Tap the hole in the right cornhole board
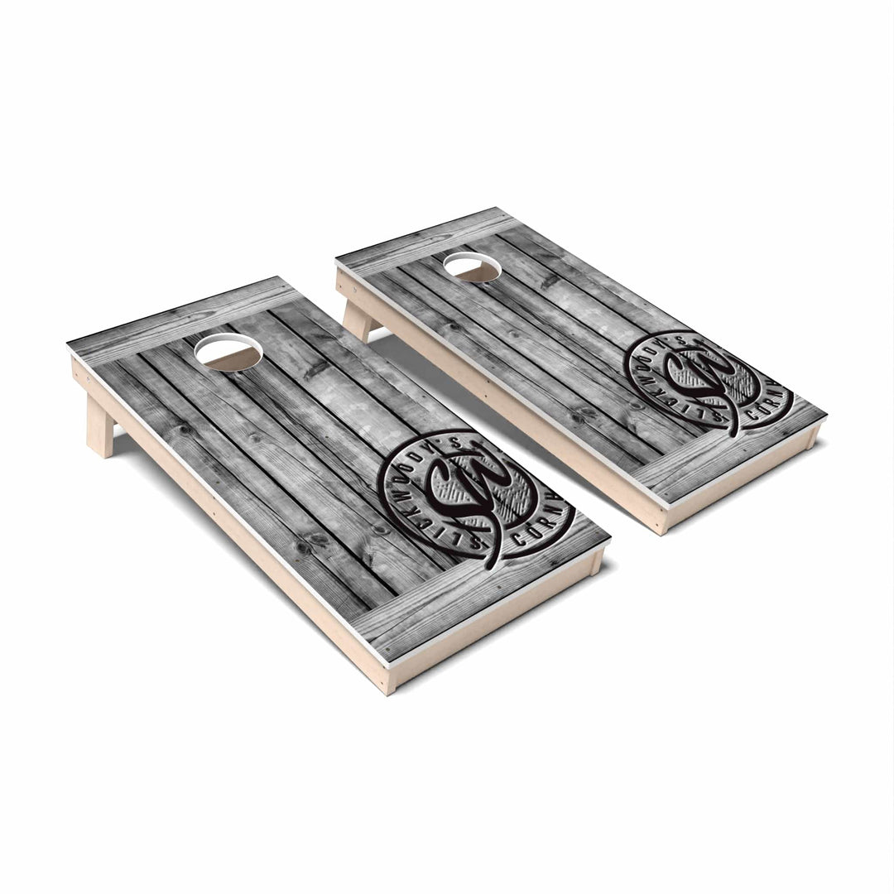(x=472, y=267)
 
